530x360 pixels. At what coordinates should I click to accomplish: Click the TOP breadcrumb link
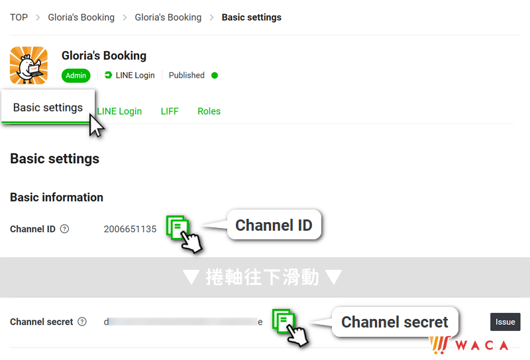coord(19,17)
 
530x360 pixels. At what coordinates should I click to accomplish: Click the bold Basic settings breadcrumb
coord(251,17)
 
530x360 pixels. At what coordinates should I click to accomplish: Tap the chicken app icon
coord(28,65)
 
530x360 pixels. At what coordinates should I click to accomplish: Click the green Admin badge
coord(76,76)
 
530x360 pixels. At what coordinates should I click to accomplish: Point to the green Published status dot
coord(215,76)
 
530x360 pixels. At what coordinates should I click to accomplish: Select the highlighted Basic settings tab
coord(48,107)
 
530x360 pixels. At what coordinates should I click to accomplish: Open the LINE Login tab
coord(119,111)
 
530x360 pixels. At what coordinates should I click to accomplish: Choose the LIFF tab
coord(170,111)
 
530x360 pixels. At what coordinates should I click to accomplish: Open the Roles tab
coord(209,111)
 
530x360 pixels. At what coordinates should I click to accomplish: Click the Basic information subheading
coord(56,197)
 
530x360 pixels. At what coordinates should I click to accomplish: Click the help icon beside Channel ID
coord(64,229)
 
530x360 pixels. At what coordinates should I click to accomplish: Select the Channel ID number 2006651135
coord(130,229)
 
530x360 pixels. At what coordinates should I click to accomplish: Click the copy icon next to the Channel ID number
coord(177,227)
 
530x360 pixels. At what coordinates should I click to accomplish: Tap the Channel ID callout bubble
coord(274,225)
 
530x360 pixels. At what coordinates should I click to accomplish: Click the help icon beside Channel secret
coord(82,322)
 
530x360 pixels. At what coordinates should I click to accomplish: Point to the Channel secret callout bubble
coord(394,322)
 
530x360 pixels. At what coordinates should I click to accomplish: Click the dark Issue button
coord(505,322)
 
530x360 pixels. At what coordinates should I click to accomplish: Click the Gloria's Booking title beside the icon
coord(104,56)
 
